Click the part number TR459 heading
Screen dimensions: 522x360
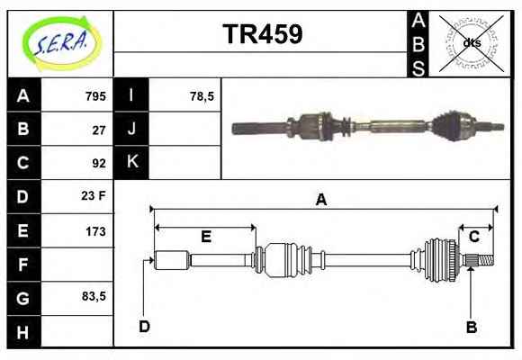pos(263,34)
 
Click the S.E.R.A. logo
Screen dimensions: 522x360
pos(61,43)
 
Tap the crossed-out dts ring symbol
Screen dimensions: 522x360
pos(471,43)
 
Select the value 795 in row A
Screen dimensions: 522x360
pos(95,96)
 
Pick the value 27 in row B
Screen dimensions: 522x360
pos(99,130)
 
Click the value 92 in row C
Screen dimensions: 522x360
pos(99,163)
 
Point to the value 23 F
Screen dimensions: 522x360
pos(94,195)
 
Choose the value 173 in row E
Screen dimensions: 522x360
pos(96,231)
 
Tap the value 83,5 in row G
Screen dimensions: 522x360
pos(94,296)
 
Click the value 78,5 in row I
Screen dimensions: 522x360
pos(202,96)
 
